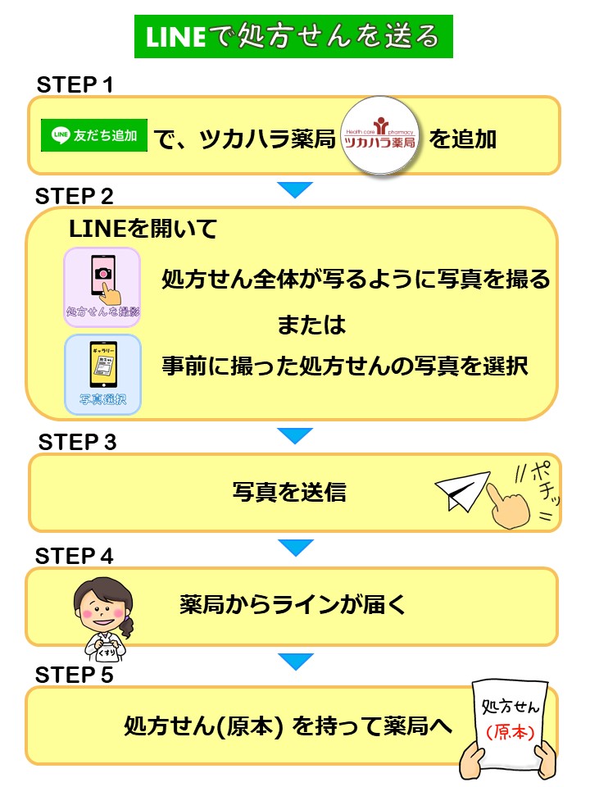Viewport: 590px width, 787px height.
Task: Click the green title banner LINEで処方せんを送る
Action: (x=293, y=37)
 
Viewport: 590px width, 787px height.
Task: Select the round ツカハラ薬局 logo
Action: (x=379, y=138)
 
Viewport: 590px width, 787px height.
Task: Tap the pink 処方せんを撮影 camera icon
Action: (x=103, y=284)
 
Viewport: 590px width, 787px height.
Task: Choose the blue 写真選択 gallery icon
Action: (x=103, y=374)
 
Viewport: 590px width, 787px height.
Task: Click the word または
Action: (x=311, y=325)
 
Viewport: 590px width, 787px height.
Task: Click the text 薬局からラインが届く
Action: (x=293, y=606)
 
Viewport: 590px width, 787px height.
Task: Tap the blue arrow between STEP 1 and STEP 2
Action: (x=295, y=189)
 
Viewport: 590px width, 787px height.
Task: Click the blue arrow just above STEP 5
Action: (x=295, y=661)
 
